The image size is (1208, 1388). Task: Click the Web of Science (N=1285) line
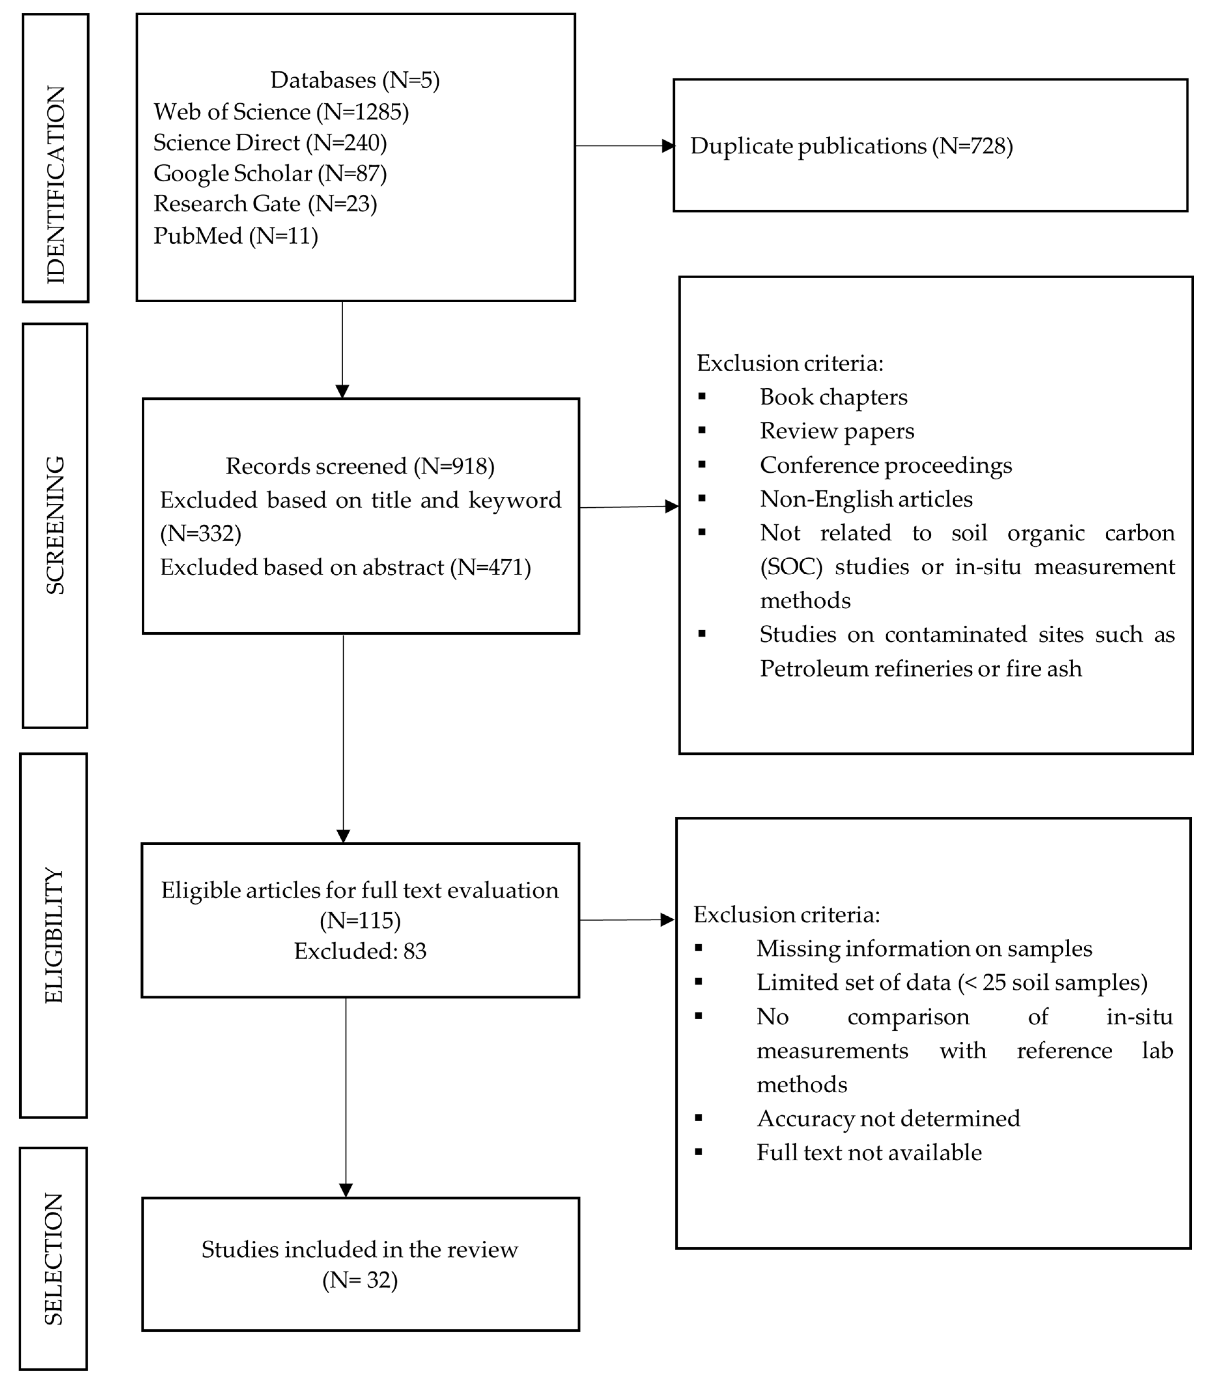tap(281, 112)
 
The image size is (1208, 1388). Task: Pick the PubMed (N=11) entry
tap(235, 236)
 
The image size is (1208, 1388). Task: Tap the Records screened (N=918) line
tap(360, 467)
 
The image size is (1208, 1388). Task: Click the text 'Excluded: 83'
tap(360, 952)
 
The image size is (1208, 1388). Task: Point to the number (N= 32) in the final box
tap(360, 1280)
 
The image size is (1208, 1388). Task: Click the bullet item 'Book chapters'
tap(833, 397)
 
